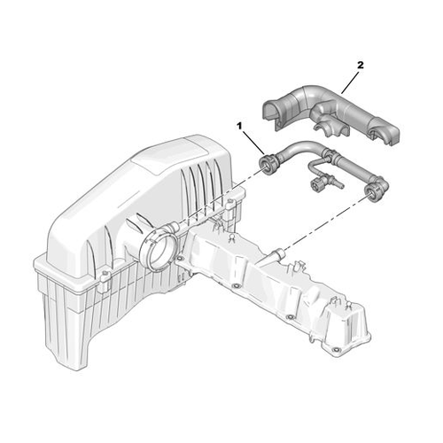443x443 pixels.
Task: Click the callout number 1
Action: (239, 126)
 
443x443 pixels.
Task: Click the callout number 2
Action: (360, 66)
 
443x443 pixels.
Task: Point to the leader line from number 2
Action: (350, 82)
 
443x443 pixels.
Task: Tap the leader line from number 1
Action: (253, 143)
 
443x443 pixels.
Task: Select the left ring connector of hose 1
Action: (268, 165)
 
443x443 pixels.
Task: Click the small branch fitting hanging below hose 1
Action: (323, 179)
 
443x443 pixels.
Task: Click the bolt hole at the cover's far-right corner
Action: (335, 351)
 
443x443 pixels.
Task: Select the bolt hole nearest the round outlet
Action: (179, 259)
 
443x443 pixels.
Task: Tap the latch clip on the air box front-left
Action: (105, 281)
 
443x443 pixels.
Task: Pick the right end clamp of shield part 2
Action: (383, 132)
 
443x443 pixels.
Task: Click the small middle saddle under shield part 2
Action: (328, 128)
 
